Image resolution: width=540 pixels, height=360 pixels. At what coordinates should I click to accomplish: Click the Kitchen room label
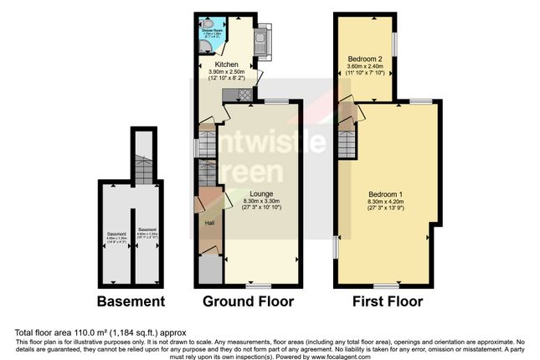227,64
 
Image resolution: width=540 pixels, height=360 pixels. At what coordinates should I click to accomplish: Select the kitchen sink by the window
260,38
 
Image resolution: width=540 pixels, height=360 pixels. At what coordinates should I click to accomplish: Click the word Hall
209,223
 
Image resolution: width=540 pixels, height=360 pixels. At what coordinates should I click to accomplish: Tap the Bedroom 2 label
365,59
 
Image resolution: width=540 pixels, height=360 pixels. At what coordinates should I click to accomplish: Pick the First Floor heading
388,301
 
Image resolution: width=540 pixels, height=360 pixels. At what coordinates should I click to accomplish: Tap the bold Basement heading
131,301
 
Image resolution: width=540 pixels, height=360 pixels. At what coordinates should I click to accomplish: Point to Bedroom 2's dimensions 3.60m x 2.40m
365,67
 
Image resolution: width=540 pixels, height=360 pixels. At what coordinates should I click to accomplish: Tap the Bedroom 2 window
398,43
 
